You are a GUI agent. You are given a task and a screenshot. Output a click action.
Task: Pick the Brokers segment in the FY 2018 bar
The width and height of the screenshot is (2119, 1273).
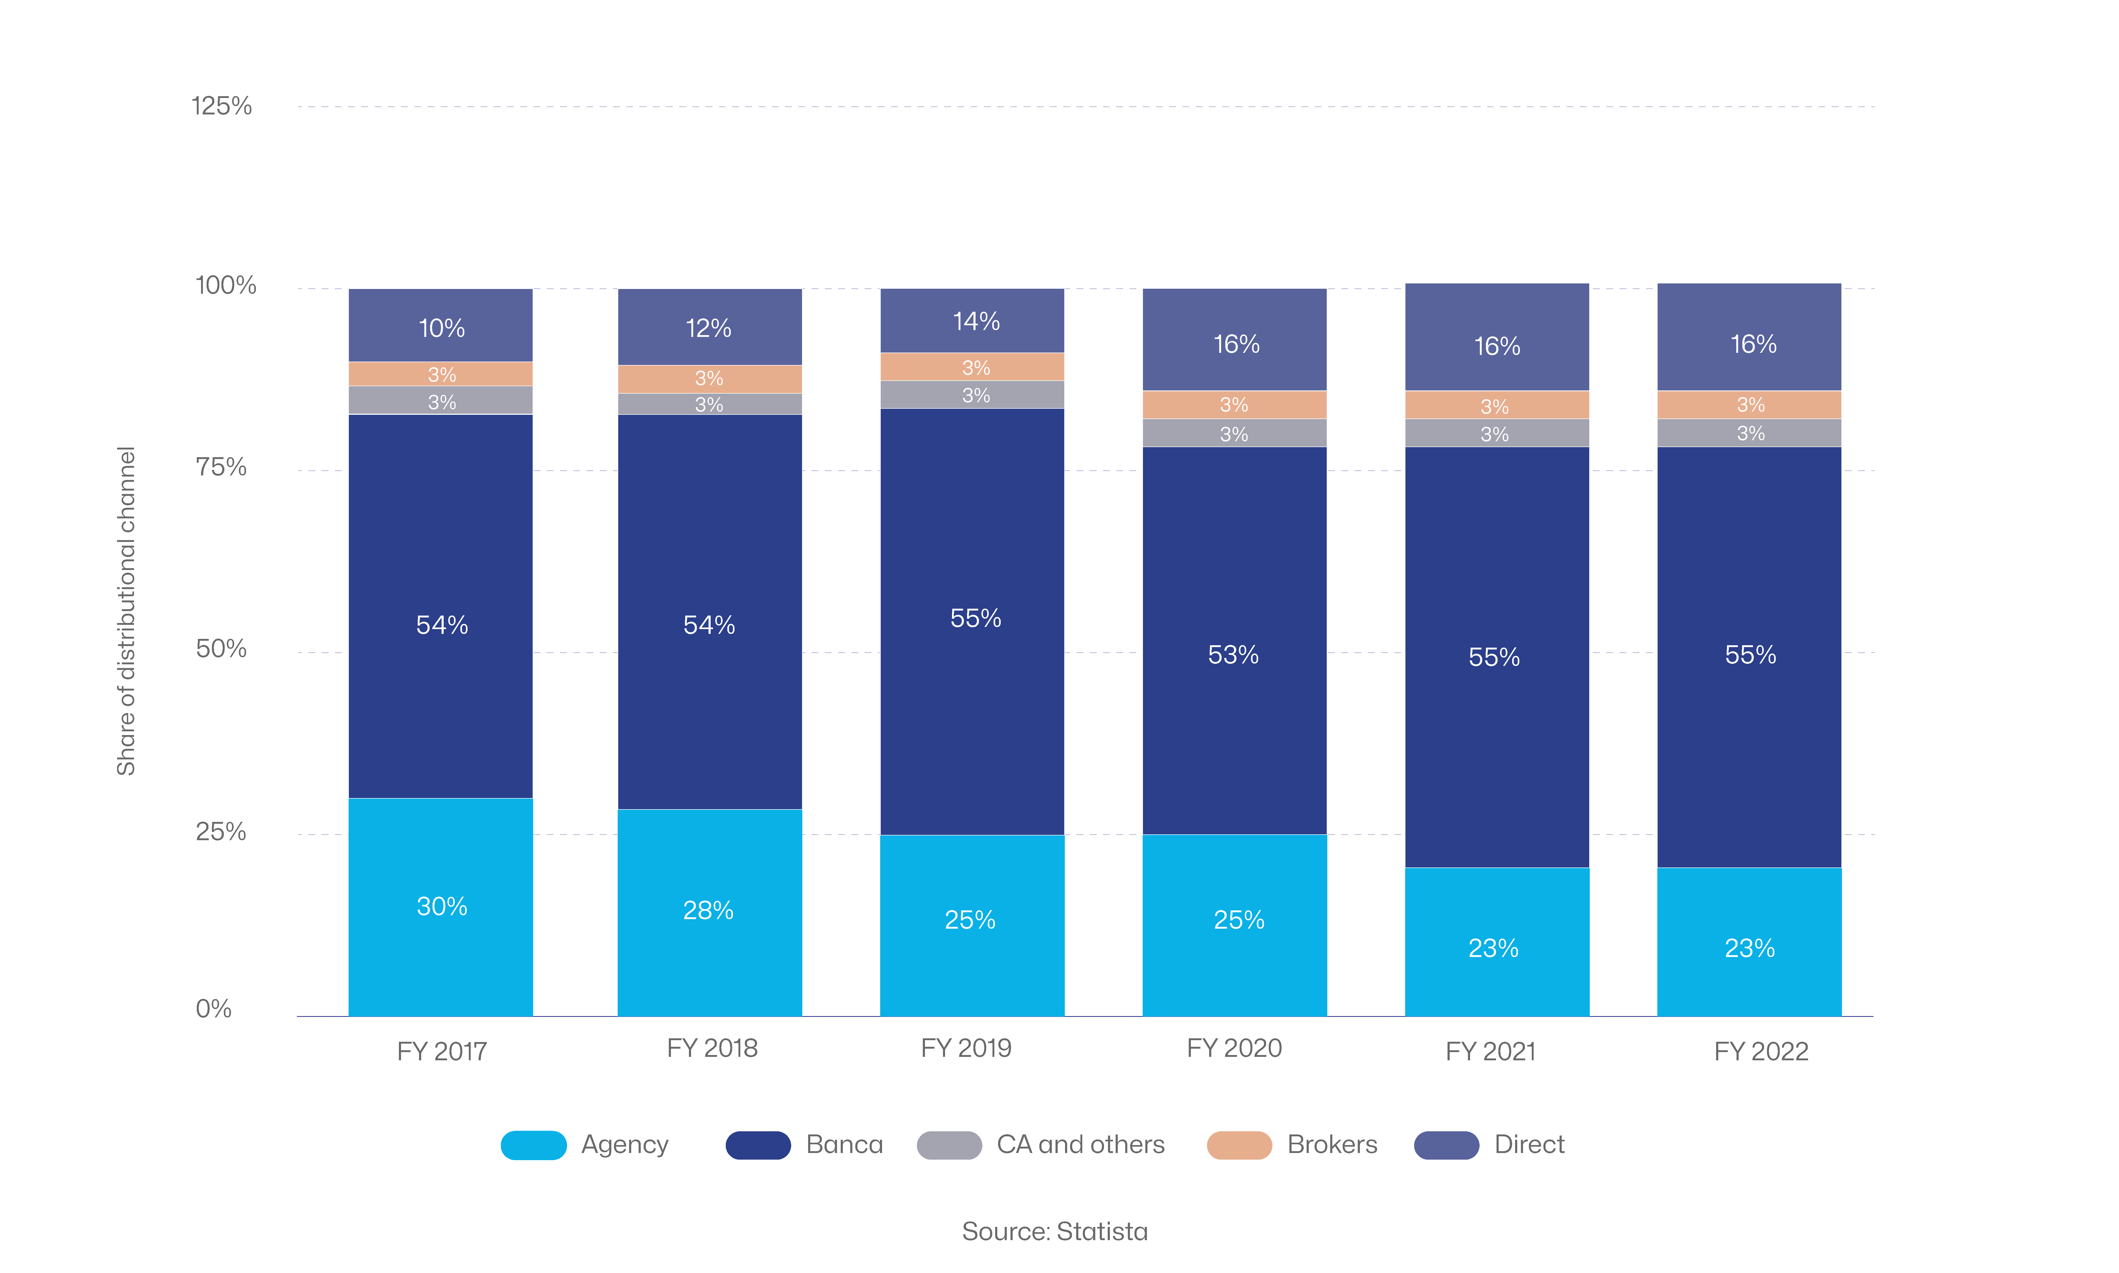(709, 378)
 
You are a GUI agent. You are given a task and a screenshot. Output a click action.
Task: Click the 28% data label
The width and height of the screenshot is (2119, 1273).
(708, 910)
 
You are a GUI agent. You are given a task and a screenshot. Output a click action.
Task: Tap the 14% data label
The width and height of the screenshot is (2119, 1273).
(976, 322)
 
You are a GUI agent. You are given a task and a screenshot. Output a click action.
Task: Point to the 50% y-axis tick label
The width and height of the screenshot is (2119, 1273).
(221, 648)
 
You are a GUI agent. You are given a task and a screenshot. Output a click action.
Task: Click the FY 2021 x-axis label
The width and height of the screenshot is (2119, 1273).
(1490, 1052)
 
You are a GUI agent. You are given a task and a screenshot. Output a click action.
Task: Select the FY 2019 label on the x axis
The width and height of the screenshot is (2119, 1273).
(967, 1048)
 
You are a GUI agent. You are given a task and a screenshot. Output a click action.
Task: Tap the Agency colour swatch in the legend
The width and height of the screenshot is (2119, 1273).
(533, 1145)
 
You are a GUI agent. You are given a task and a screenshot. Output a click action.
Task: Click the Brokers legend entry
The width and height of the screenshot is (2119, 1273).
(1332, 1145)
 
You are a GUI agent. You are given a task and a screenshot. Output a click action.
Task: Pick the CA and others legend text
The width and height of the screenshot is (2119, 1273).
(1080, 1145)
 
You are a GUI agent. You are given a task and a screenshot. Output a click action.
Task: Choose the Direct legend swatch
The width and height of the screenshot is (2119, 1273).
(1446, 1145)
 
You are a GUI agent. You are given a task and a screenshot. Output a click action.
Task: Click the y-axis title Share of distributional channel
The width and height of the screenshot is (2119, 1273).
(126, 611)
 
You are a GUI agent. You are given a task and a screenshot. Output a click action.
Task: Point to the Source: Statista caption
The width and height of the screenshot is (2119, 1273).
(1055, 1232)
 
